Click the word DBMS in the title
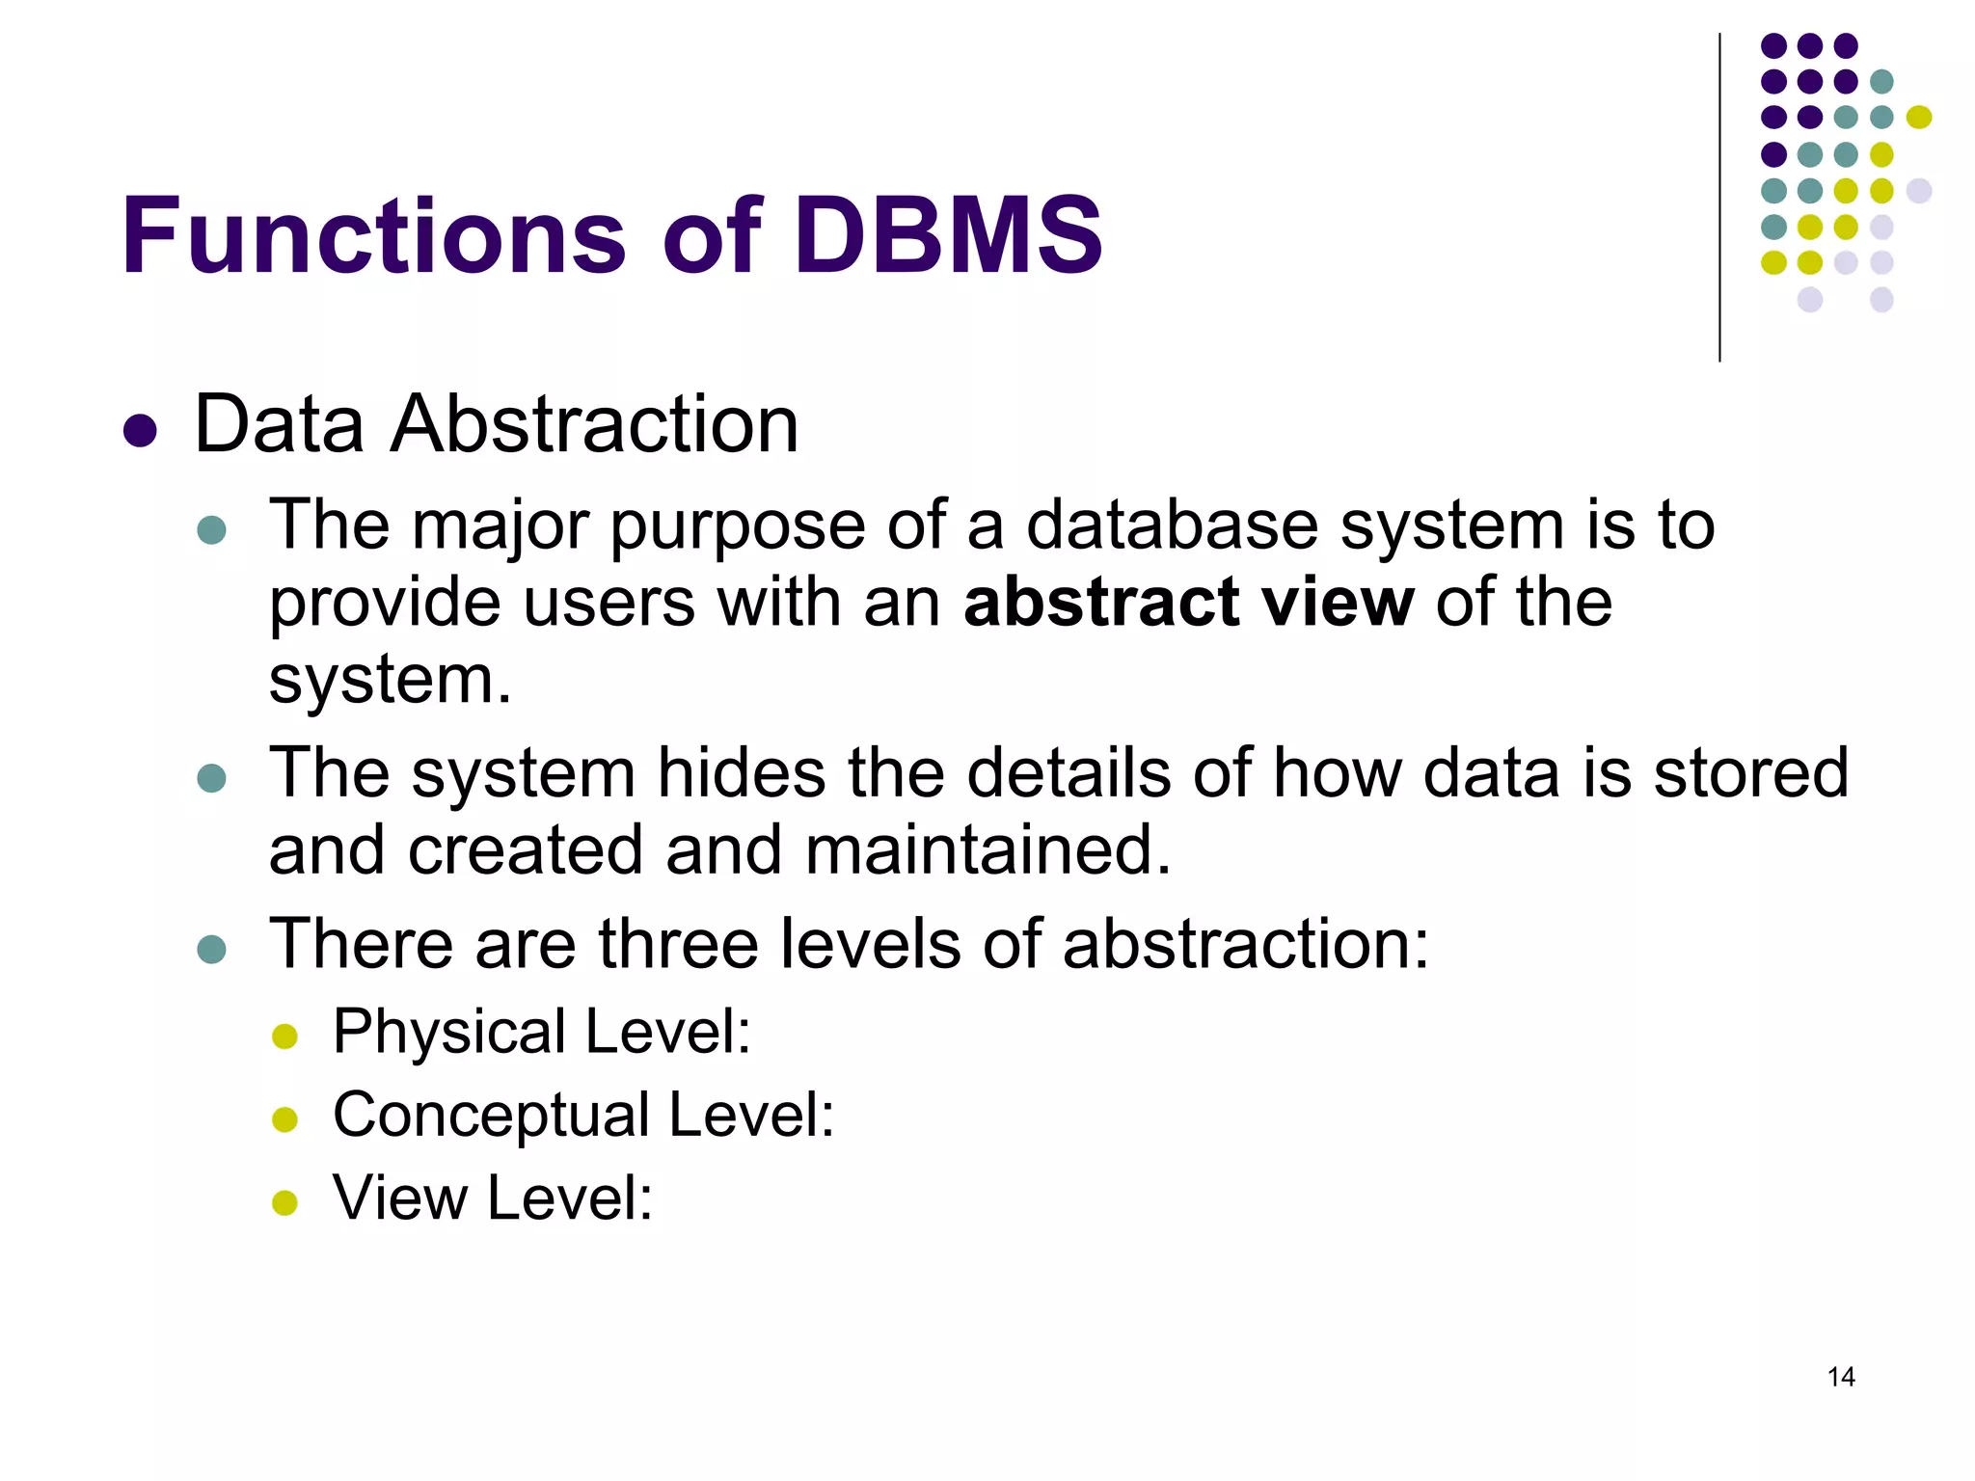pos(948,236)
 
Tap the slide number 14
pos(1840,1377)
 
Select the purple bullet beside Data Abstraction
pos(140,430)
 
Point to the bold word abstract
pos(1101,603)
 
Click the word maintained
pos(987,850)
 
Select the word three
pos(678,944)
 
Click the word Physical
pos(449,1033)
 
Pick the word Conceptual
pos(491,1116)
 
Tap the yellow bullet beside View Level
pos(284,1202)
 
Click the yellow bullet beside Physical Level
pos(284,1037)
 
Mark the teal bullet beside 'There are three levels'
pos(211,949)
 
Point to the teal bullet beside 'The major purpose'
pos(211,530)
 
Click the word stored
pos(1751,773)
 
